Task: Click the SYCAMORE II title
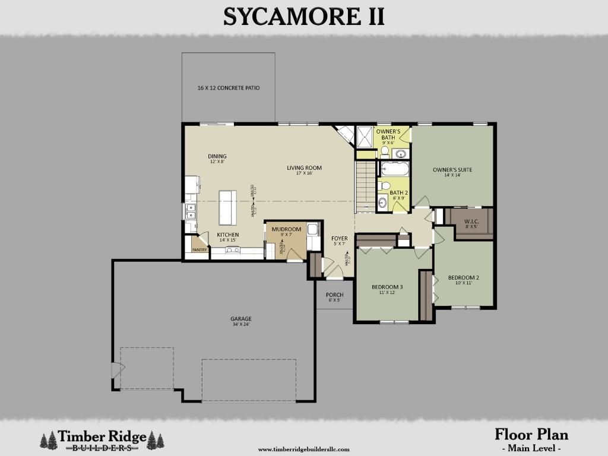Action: tap(303, 17)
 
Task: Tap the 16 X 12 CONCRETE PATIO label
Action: tap(229, 88)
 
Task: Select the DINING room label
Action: tap(217, 157)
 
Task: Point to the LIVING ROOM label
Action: tap(304, 168)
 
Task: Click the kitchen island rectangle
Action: tap(227, 207)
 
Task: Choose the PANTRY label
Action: tap(199, 250)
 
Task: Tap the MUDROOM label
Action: tap(286, 229)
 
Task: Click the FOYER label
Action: tap(340, 239)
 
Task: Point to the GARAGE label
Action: tap(241, 319)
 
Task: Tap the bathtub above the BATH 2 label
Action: tap(395, 169)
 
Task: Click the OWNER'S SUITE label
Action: tap(452, 170)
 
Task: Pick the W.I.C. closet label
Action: tap(471, 221)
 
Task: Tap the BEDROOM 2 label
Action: tap(463, 278)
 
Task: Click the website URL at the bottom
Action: tap(303, 449)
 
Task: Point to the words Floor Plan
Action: tap(531, 434)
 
